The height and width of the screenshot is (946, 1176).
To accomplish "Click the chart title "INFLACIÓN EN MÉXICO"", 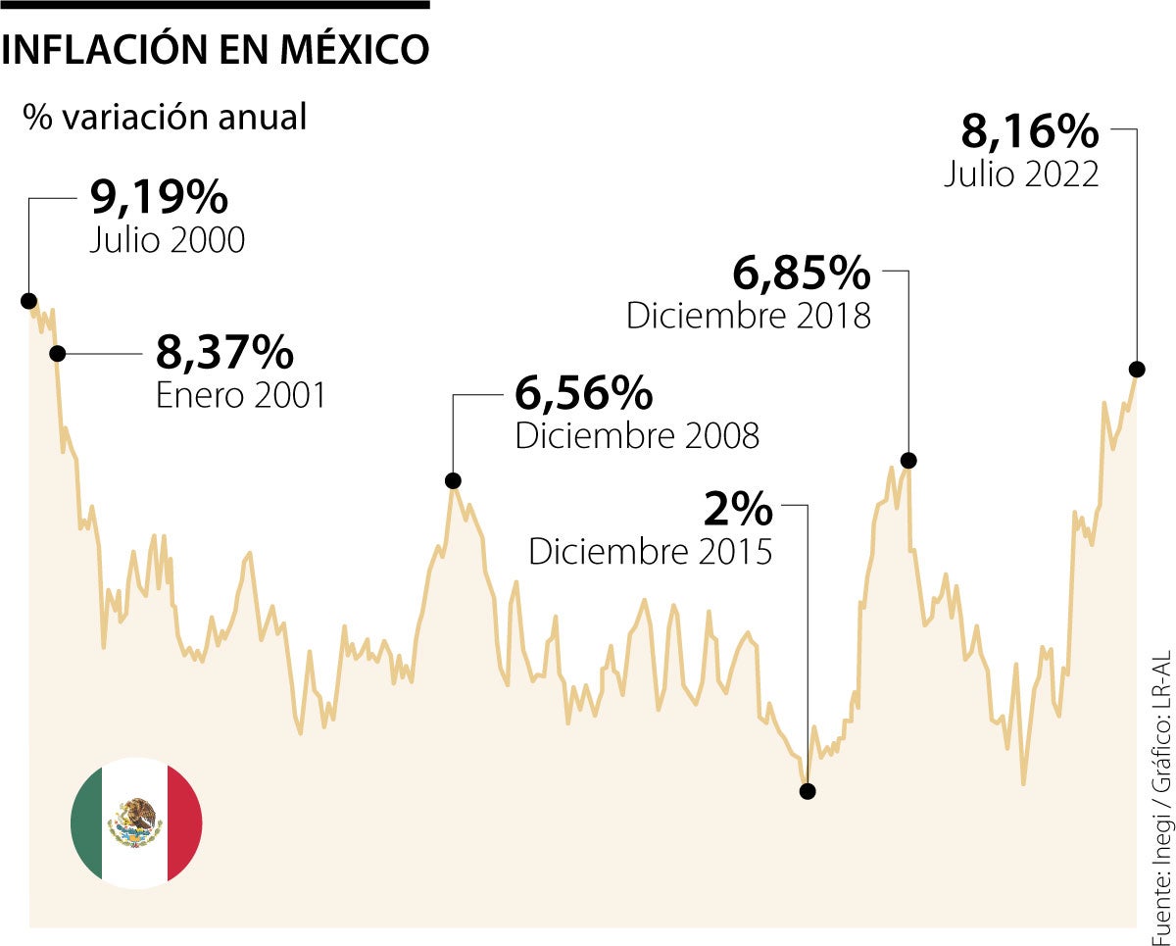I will point(216,50).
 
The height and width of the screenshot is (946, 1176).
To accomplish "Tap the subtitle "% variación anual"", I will point(166,117).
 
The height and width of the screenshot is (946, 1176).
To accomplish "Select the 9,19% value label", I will point(159,197).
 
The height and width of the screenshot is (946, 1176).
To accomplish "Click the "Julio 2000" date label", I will point(167,240).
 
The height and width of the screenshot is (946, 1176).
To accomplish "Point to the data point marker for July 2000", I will point(28,300).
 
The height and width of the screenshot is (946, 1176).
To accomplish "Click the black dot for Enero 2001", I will point(57,353).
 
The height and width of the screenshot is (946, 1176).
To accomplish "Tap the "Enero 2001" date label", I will point(241,395).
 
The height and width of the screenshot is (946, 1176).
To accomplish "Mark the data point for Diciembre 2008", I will point(453,480).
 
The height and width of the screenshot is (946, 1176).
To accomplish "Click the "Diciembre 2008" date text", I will point(637,435).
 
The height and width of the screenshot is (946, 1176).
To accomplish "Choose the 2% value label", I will point(739,509).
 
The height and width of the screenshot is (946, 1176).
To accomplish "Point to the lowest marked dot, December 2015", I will point(807,790).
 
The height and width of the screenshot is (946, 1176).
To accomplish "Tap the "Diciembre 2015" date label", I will point(651,551).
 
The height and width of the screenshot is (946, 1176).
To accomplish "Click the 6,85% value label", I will point(802,274).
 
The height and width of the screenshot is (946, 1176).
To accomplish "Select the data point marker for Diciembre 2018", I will point(908,460).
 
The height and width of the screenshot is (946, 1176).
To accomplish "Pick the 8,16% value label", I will point(1030,130).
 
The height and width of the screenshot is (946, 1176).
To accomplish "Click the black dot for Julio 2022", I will point(1137,369).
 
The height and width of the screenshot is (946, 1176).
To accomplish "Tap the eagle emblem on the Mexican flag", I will point(135,822).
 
